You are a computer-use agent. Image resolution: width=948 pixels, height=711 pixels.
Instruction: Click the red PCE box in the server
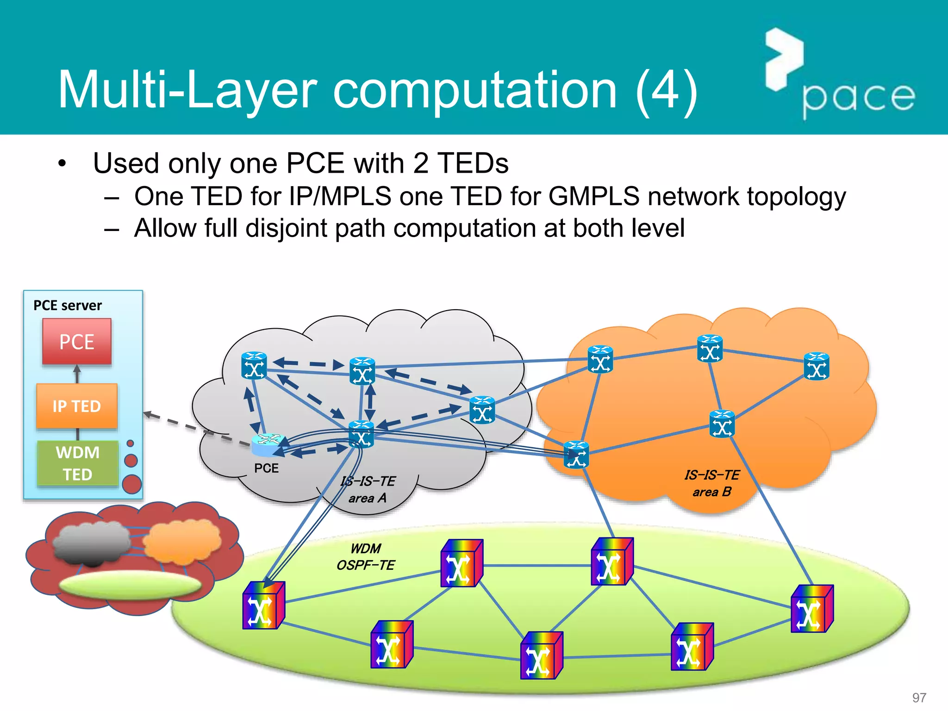(x=77, y=342)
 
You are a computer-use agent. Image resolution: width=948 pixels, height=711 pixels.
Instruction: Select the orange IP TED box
(x=77, y=406)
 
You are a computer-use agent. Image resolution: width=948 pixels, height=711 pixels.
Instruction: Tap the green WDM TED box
(x=78, y=463)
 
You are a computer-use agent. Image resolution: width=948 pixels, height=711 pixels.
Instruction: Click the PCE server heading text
(x=68, y=306)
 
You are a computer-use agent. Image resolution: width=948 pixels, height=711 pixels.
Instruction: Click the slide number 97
(x=919, y=697)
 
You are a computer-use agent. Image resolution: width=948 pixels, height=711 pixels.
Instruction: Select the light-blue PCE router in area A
(x=268, y=444)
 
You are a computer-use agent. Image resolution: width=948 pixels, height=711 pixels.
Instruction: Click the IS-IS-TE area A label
(x=368, y=490)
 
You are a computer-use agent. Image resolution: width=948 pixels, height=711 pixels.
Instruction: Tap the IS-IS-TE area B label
(x=712, y=483)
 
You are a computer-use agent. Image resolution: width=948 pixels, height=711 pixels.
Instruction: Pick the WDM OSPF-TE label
(x=366, y=557)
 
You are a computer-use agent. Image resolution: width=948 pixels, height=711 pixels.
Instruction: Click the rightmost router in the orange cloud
(x=817, y=366)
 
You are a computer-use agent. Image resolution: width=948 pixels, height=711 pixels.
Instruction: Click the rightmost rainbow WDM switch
(x=812, y=609)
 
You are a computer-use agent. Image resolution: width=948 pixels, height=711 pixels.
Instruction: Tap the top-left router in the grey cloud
(x=254, y=366)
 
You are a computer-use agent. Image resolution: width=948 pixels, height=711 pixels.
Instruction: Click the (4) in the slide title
(x=667, y=89)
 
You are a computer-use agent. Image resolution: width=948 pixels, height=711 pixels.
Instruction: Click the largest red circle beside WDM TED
(x=132, y=484)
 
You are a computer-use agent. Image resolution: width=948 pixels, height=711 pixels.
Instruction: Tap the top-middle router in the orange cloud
(x=710, y=349)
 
